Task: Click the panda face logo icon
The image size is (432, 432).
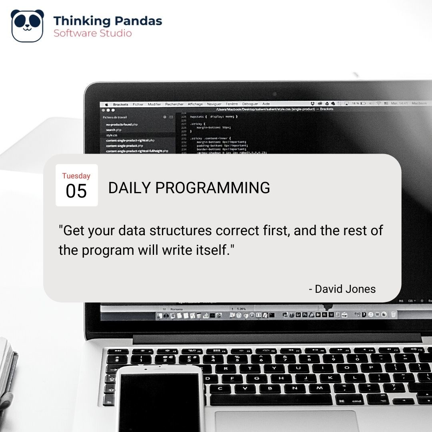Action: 27,26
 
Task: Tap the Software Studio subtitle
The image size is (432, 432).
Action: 93,33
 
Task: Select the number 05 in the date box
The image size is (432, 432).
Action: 76,192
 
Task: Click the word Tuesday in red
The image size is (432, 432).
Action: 76,176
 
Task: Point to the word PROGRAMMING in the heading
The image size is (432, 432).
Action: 212,188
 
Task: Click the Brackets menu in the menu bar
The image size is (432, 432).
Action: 120,104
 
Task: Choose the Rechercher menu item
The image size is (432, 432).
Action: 174,104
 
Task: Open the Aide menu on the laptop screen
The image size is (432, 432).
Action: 266,104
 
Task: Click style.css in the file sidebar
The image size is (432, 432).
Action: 112,135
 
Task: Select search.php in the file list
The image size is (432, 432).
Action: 114,130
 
